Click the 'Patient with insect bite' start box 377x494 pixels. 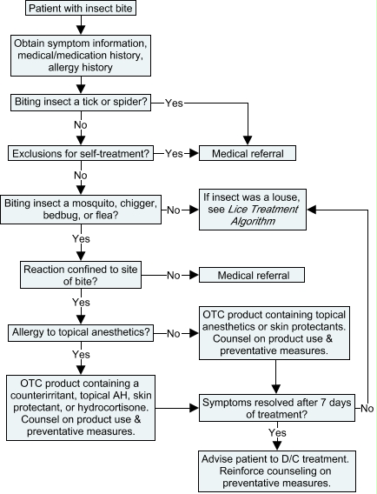point(81,8)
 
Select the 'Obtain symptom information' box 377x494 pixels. point(81,56)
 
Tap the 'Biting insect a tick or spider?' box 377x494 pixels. point(81,103)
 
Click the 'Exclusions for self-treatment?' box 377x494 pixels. point(81,153)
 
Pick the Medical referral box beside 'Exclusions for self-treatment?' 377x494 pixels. point(248,153)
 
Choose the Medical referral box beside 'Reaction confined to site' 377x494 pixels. point(252,275)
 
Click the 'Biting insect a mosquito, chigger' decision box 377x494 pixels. point(81,210)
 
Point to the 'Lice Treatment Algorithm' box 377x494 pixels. point(253,210)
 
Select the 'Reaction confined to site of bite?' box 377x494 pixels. point(81,275)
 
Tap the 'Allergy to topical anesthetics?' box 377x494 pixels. point(81,333)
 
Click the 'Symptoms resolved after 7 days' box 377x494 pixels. point(277,408)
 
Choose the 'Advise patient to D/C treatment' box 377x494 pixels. point(277,471)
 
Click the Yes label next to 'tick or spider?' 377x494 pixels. point(174,103)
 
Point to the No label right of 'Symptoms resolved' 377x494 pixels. point(367,408)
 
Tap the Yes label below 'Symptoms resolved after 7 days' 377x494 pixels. point(277,432)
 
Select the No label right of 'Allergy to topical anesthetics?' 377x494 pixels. point(174,333)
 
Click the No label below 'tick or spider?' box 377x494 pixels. point(81,125)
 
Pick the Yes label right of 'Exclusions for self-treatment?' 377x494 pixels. point(174,153)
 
